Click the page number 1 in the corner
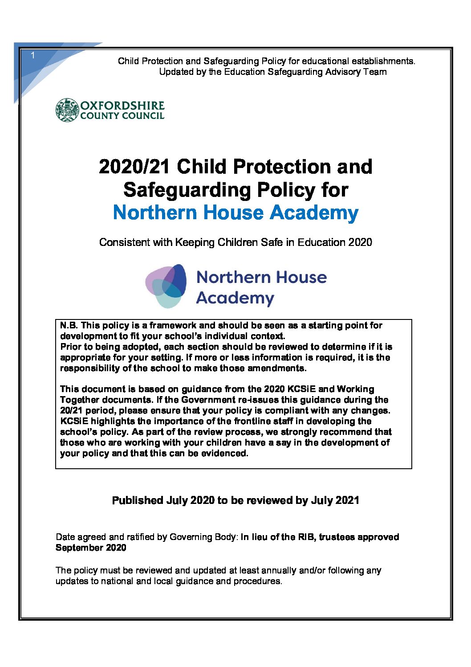32,56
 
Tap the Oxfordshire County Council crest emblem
67,110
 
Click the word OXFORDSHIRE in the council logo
122,106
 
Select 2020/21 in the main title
134,167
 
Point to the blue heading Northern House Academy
235,213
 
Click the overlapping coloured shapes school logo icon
166,286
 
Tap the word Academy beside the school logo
235,298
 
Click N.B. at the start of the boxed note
69,325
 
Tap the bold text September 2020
91,548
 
